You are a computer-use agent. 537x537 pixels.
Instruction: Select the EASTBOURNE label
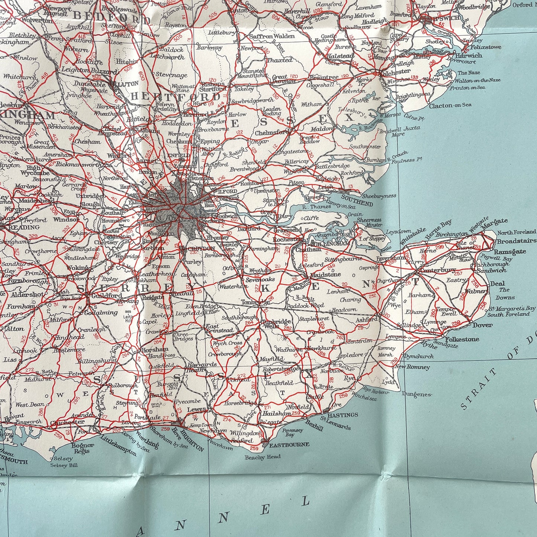[289, 444]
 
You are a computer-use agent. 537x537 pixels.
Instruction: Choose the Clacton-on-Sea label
[450, 105]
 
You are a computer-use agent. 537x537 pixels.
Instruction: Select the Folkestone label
[462, 339]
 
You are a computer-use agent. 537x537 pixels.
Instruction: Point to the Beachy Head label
[263, 457]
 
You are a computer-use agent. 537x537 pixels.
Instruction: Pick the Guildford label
[106, 295]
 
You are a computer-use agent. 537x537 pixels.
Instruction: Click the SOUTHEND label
[357, 204]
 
